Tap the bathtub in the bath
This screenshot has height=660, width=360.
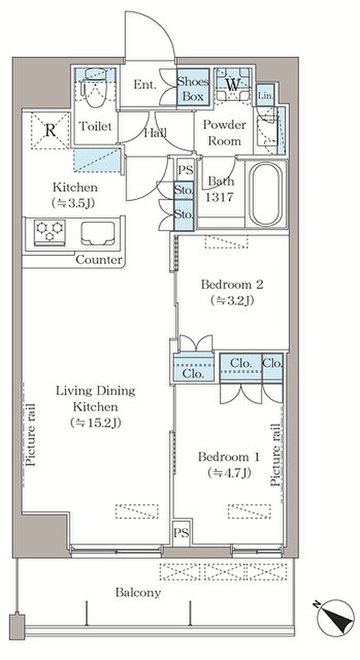coord(265,194)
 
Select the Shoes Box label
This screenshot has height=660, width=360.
coord(193,89)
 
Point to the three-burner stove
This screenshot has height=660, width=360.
coord(50,232)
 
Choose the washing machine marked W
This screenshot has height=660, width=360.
coord(233,85)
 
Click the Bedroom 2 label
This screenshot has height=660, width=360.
coord(232,285)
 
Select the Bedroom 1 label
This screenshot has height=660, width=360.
coord(229,457)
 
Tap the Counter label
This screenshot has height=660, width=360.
coord(99,260)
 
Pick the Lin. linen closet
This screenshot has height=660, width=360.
coord(265,95)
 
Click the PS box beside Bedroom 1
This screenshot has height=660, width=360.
coord(182,533)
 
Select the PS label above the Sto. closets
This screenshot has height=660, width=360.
coord(186,170)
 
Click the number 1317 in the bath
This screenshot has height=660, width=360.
coord(220,197)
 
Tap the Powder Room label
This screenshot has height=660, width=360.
coord(224,133)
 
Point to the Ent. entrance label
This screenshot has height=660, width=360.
coord(144,85)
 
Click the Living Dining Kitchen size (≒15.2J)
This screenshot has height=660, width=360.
coord(96,423)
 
